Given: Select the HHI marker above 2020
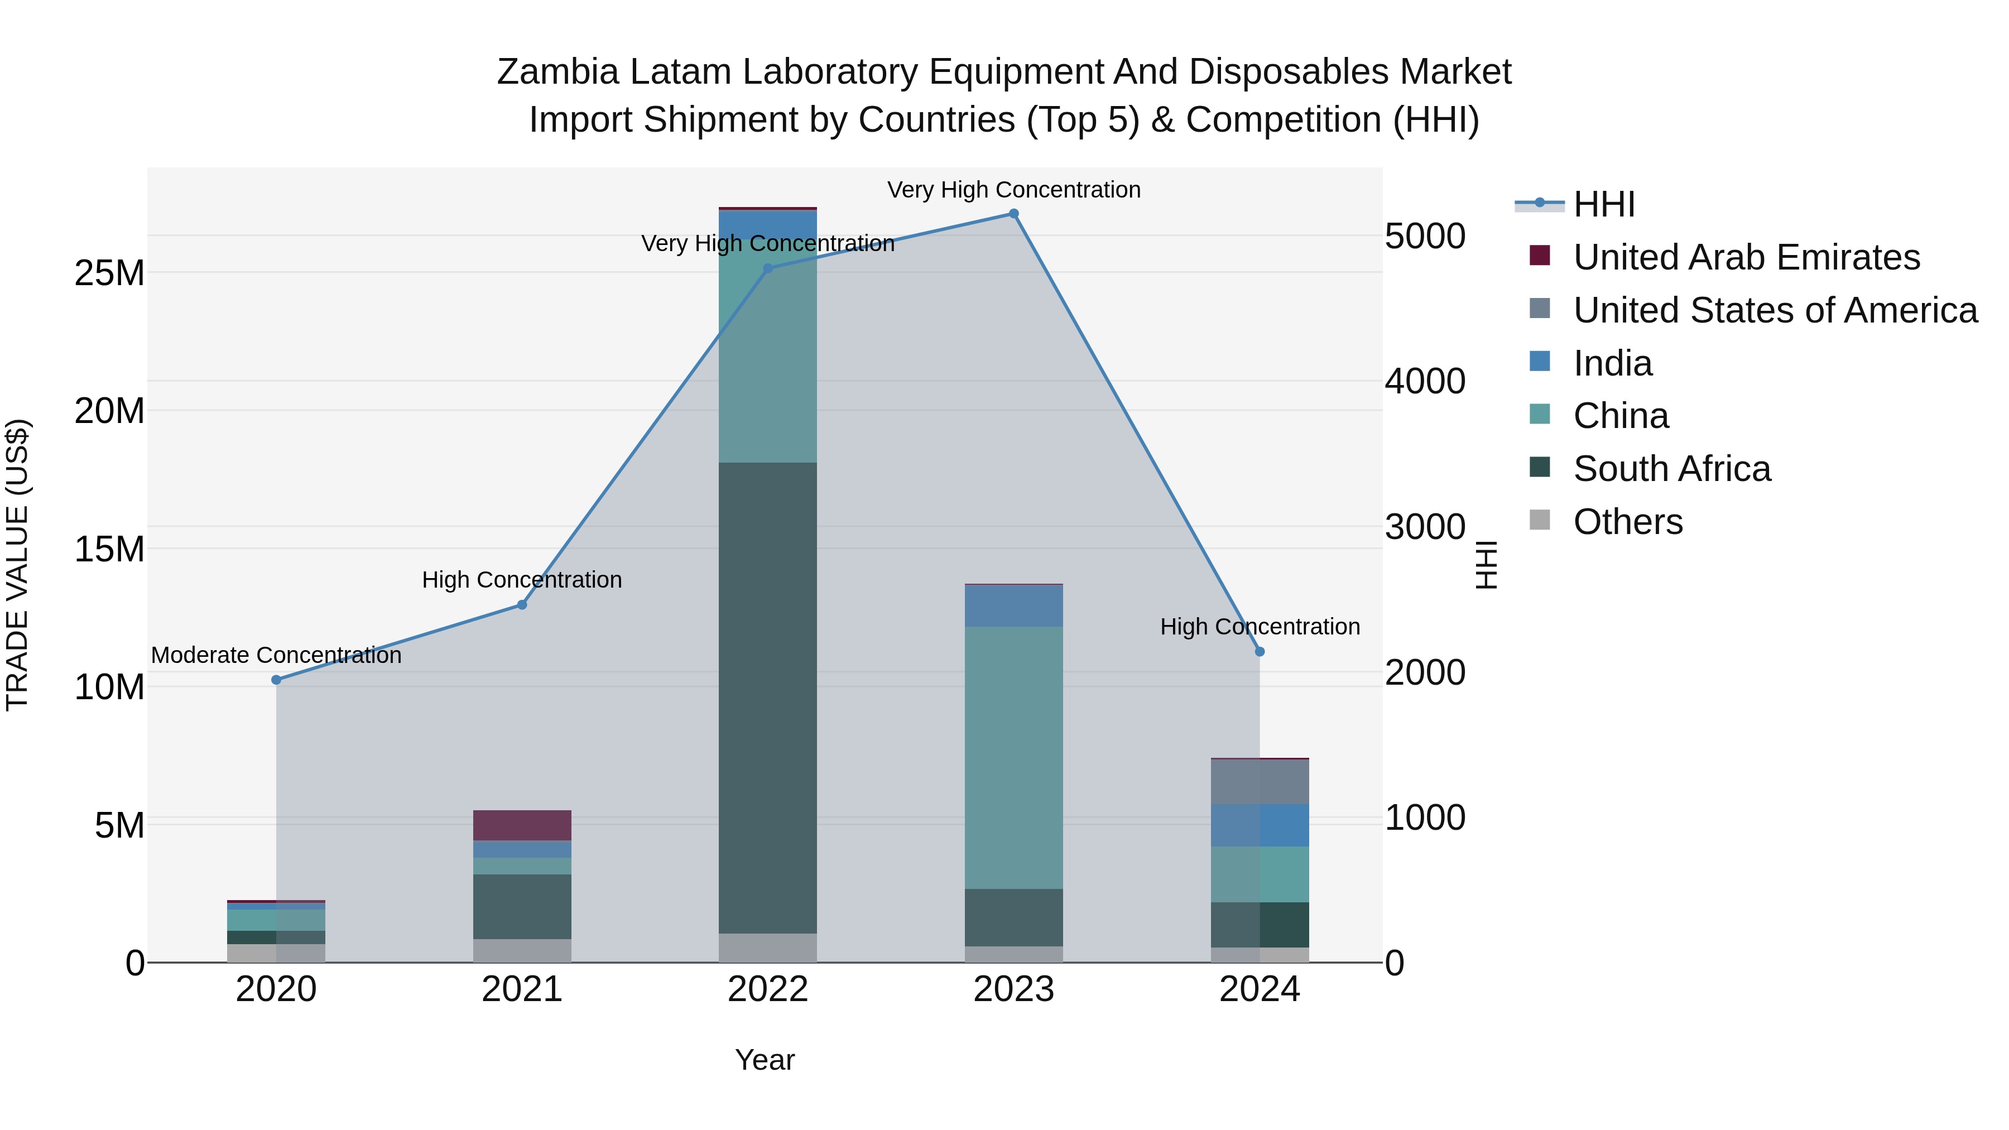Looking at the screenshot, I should pyautogui.click(x=276, y=680).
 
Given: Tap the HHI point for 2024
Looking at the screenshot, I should pyautogui.click(x=1260, y=652).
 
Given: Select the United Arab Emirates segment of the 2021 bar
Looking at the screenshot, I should pyautogui.click(x=522, y=825).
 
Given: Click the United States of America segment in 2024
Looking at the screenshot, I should pyautogui.click(x=1260, y=781).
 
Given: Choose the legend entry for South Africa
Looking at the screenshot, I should pyautogui.click(x=1671, y=469).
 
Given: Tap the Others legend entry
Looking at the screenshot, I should pyautogui.click(x=1628, y=522).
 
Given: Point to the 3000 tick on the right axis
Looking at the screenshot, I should pyautogui.click(x=1424, y=527).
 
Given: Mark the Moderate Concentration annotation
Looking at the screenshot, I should pyautogui.click(x=276, y=655).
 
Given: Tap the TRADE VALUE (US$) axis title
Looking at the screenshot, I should pyautogui.click(x=17, y=565).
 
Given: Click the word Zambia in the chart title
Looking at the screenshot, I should pyautogui.click(x=557, y=73).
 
